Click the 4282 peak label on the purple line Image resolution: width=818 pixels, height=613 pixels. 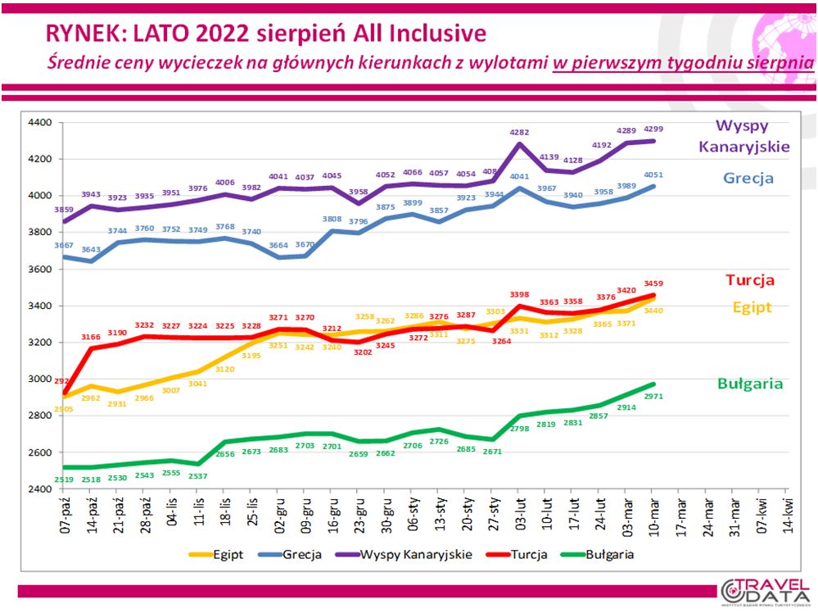tap(520, 131)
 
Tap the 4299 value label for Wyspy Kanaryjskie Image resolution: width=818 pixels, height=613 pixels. tap(654, 129)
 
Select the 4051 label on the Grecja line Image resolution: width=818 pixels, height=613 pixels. tap(654, 174)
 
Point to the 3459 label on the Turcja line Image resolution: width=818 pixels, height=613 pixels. tap(654, 284)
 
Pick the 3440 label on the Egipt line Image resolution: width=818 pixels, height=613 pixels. tap(654, 311)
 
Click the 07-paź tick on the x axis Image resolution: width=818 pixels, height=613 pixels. tap(66, 510)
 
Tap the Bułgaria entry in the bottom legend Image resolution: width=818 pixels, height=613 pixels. tap(609, 555)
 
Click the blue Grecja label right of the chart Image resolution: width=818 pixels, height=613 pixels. tap(748, 178)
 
